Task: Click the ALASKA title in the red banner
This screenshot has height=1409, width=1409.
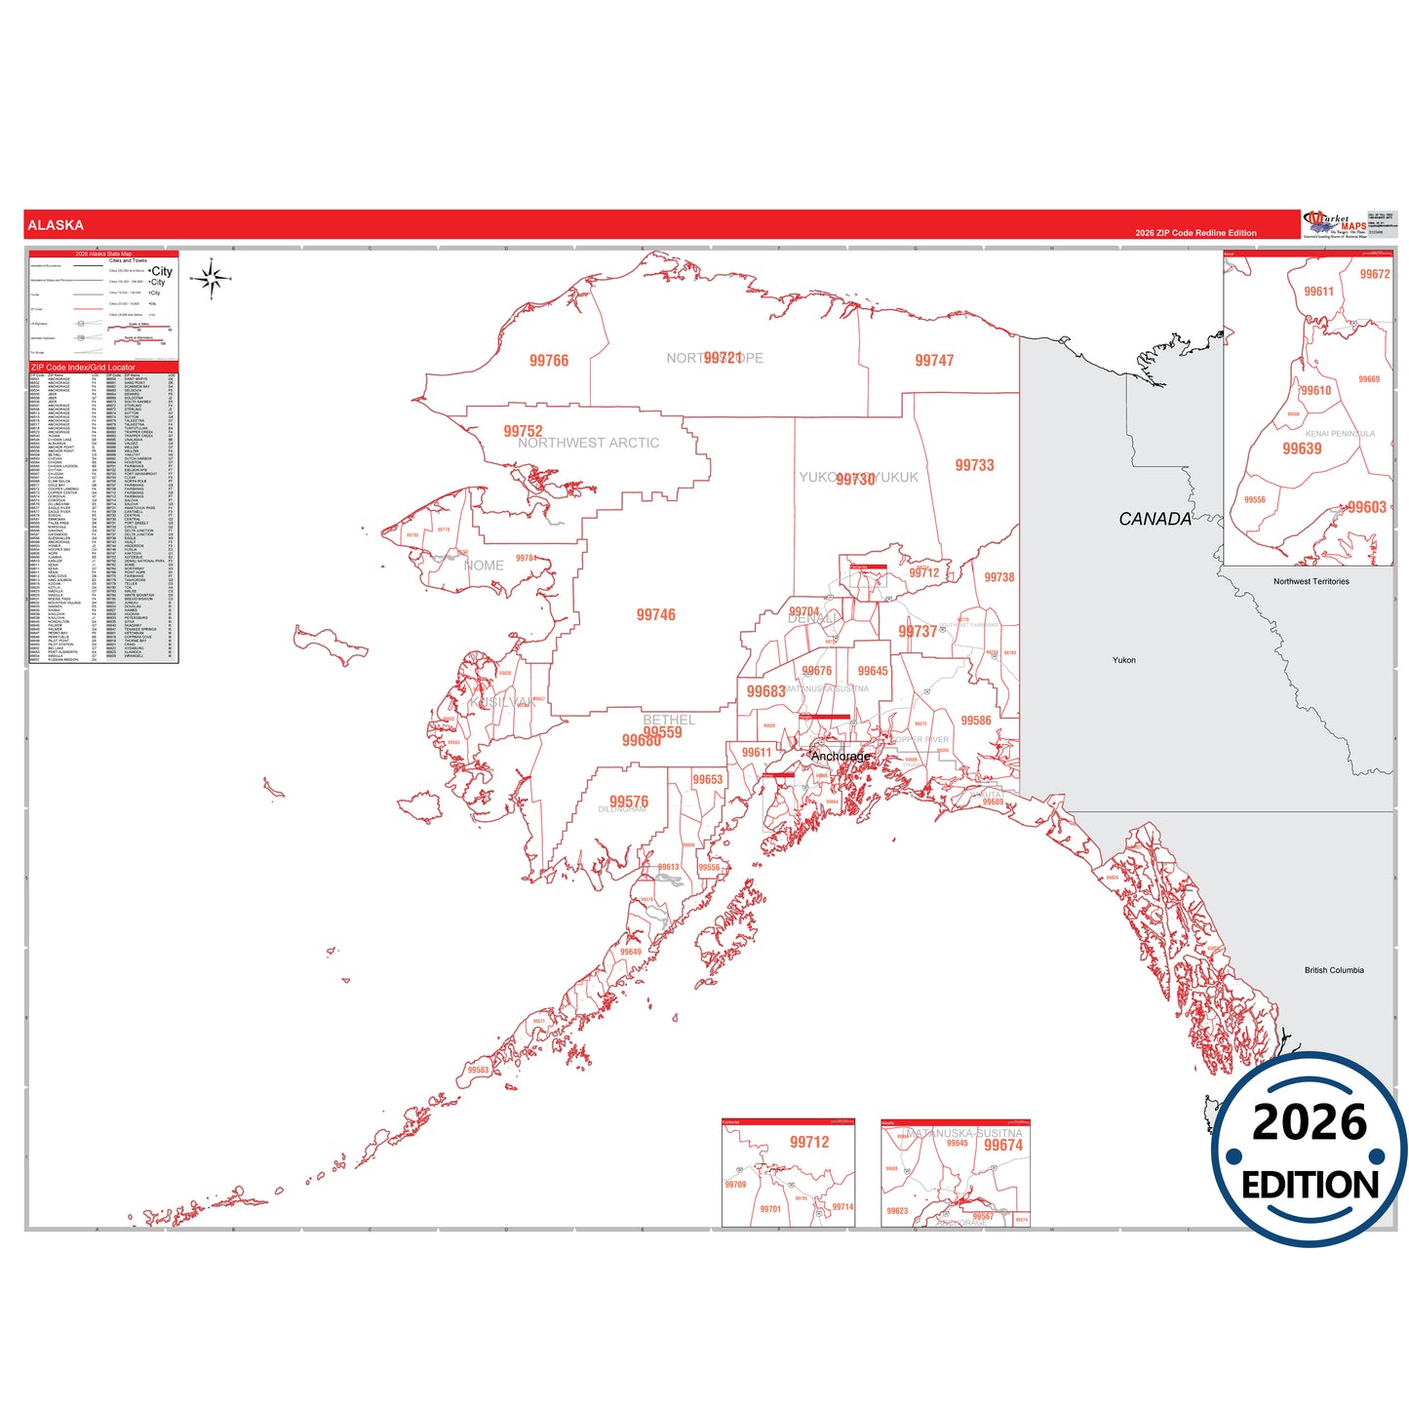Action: tap(56, 225)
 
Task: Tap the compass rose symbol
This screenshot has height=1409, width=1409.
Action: tap(211, 280)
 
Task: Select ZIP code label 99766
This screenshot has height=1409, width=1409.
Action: tap(548, 361)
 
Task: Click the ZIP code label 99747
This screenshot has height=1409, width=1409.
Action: tap(933, 361)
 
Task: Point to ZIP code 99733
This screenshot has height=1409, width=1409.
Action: tap(974, 465)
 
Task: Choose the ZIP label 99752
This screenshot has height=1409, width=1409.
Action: tap(523, 431)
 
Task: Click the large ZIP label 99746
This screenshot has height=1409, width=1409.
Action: tap(655, 614)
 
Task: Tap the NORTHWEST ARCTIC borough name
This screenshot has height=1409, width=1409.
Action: tap(588, 444)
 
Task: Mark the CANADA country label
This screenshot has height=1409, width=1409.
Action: tap(1155, 519)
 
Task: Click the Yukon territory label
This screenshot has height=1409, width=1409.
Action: tap(1123, 660)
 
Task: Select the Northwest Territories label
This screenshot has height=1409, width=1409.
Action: tap(1311, 581)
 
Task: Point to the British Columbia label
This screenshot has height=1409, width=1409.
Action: tap(1333, 970)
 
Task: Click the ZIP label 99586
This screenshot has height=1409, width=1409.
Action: tap(975, 721)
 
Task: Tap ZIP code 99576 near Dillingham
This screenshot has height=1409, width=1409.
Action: tap(629, 802)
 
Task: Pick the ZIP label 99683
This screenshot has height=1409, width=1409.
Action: tap(765, 691)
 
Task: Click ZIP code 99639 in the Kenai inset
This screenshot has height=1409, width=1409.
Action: tap(1302, 449)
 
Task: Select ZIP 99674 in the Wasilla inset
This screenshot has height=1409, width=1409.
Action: tap(1002, 1146)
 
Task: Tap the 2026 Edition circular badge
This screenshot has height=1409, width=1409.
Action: tap(1309, 1150)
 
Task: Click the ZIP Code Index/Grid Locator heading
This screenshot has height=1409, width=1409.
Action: tap(83, 368)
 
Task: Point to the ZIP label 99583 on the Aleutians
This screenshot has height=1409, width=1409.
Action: tap(478, 1070)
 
